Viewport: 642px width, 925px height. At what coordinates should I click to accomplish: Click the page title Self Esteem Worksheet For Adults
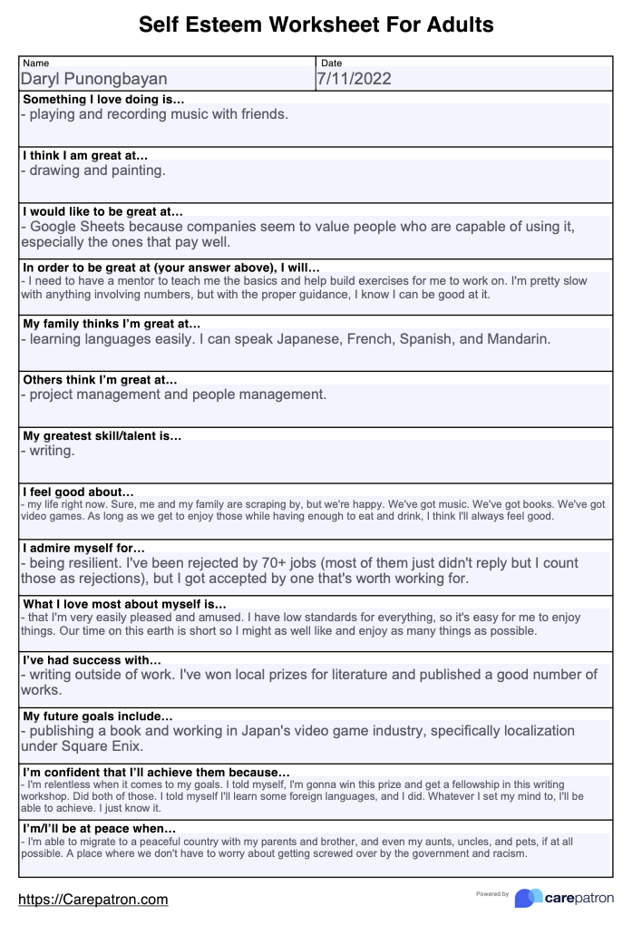[x=316, y=24]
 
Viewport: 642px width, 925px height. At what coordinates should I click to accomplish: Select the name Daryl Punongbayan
[x=94, y=80]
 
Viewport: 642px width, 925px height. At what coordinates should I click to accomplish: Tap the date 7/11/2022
[x=354, y=79]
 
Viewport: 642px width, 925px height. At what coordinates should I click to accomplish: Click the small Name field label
[x=35, y=63]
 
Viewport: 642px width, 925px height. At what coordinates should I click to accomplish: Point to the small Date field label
[x=332, y=63]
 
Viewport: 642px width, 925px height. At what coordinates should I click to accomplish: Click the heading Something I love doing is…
[x=103, y=99]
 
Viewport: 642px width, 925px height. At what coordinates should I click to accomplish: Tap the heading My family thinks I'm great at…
[x=112, y=323]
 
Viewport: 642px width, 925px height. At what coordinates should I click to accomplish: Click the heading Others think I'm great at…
[x=100, y=379]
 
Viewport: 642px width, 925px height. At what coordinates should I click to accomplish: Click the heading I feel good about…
[x=78, y=492]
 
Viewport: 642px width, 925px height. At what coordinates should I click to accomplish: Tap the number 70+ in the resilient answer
[x=326, y=562]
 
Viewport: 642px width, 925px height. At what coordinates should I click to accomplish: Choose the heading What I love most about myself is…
[x=124, y=603]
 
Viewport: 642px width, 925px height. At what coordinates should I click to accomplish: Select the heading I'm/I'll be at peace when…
[x=99, y=828]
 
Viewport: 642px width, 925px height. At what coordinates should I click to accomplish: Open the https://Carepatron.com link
[x=93, y=900]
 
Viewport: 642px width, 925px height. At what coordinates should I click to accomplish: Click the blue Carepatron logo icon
[x=528, y=898]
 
